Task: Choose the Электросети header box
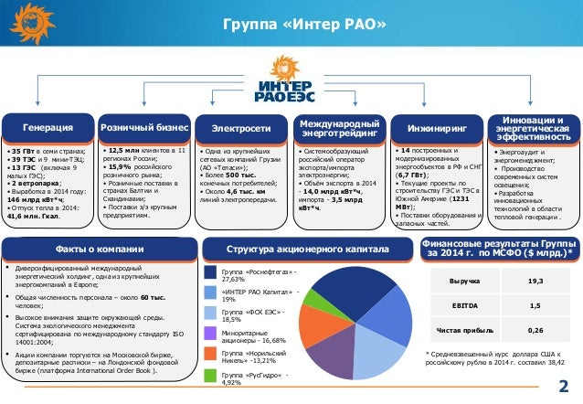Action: (240, 127)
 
